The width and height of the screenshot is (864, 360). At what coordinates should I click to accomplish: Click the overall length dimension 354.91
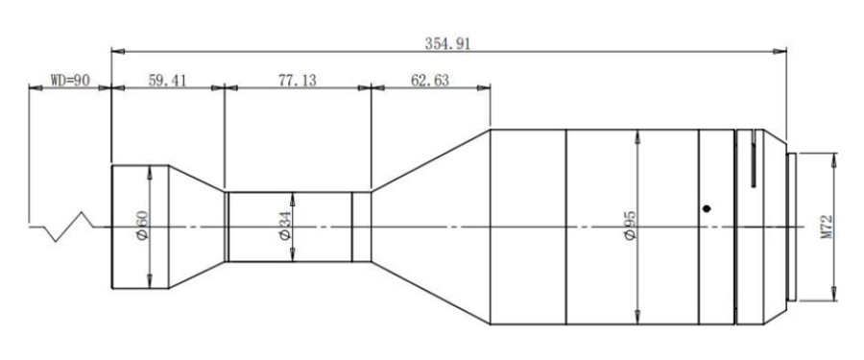(447, 44)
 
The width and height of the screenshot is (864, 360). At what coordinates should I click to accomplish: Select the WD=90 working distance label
(70, 81)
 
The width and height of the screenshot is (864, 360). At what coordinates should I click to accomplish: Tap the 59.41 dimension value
(167, 81)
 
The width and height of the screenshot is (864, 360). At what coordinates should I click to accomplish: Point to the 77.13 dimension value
(298, 81)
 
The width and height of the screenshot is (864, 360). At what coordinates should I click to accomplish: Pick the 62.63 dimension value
(430, 81)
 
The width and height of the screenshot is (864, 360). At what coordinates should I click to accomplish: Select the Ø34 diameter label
(285, 227)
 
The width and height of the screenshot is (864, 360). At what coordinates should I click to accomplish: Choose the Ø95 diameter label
(631, 226)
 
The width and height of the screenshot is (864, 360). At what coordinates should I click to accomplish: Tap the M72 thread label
(827, 228)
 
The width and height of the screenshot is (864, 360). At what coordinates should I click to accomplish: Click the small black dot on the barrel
(707, 208)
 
